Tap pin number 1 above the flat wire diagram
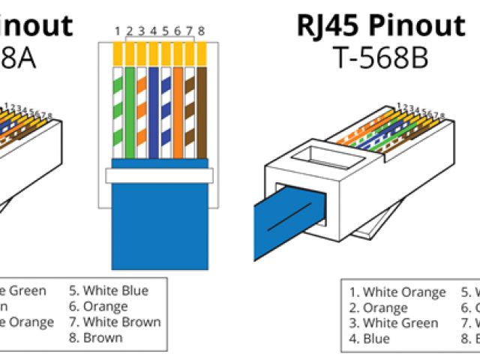tap(118, 31)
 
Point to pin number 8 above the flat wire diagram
tap(202, 31)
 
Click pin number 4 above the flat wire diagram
tap(154, 31)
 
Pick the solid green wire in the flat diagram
tap(130, 112)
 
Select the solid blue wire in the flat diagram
tap(154, 112)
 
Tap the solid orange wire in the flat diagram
tap(178, 112)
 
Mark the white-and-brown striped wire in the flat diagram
tap(190, 112)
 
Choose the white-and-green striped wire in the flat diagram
tap(118, 112)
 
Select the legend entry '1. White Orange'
tap(397, 292)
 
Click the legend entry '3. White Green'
tap(393, 323)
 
